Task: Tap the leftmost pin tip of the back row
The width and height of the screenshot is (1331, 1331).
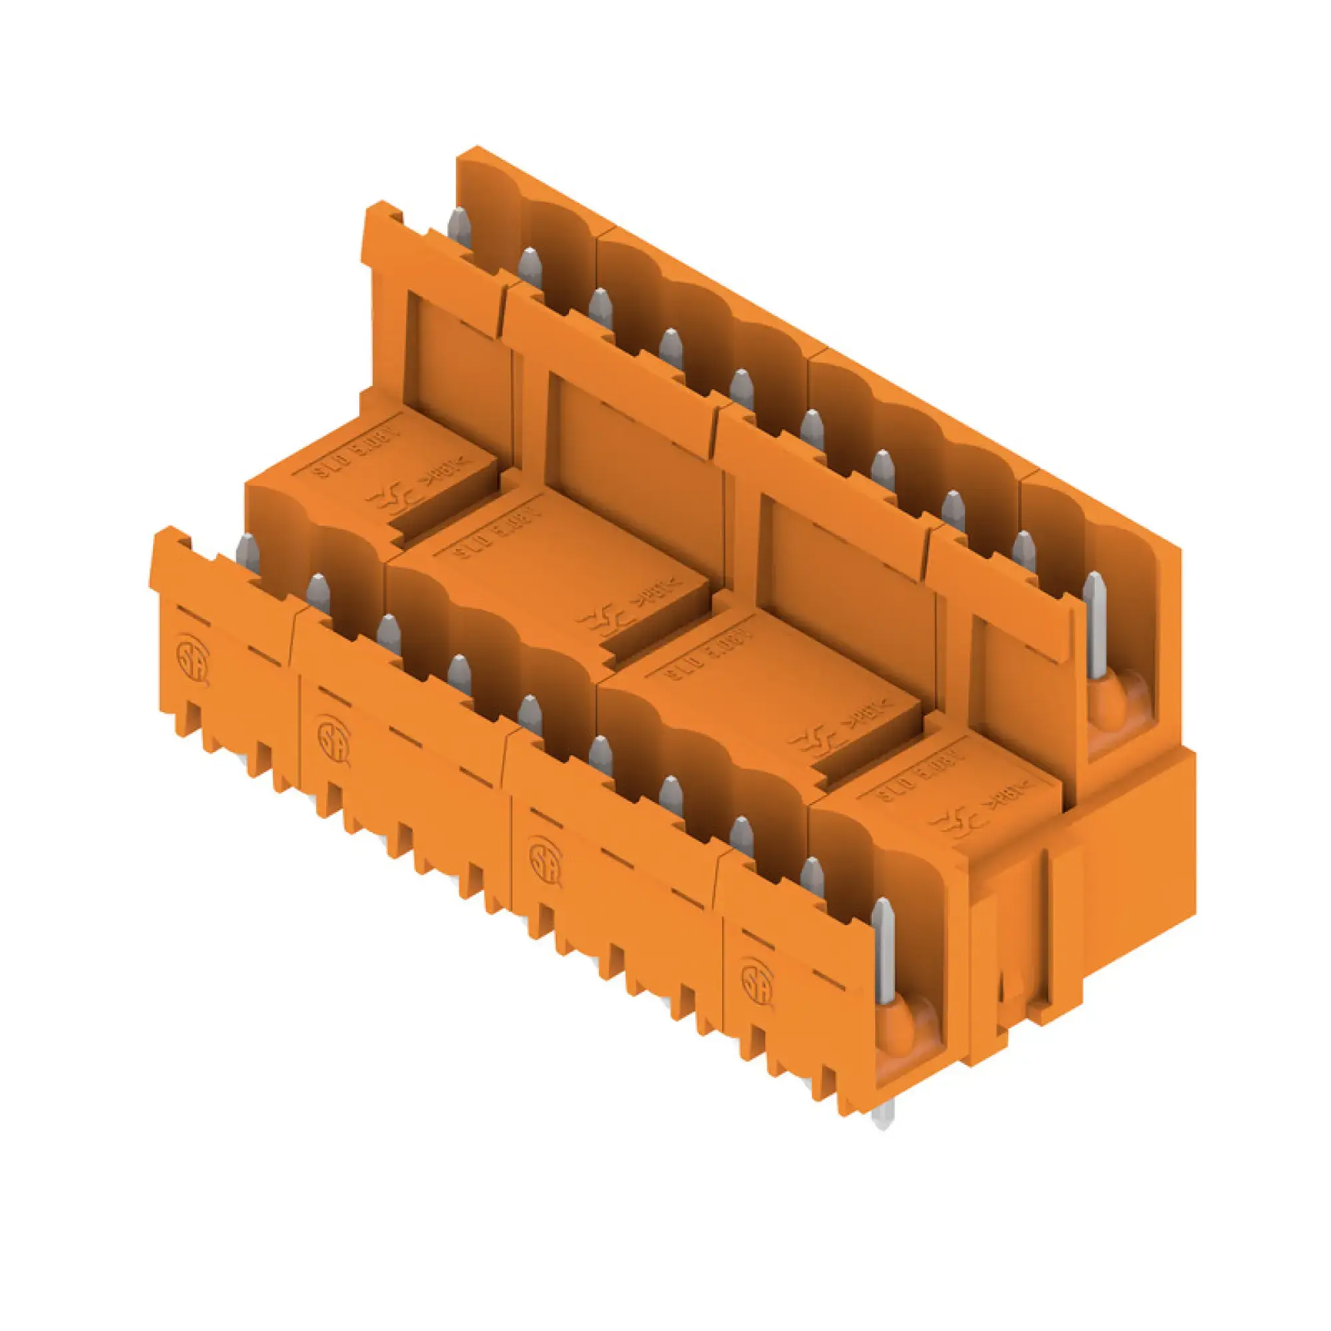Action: [x=459, y=224]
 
